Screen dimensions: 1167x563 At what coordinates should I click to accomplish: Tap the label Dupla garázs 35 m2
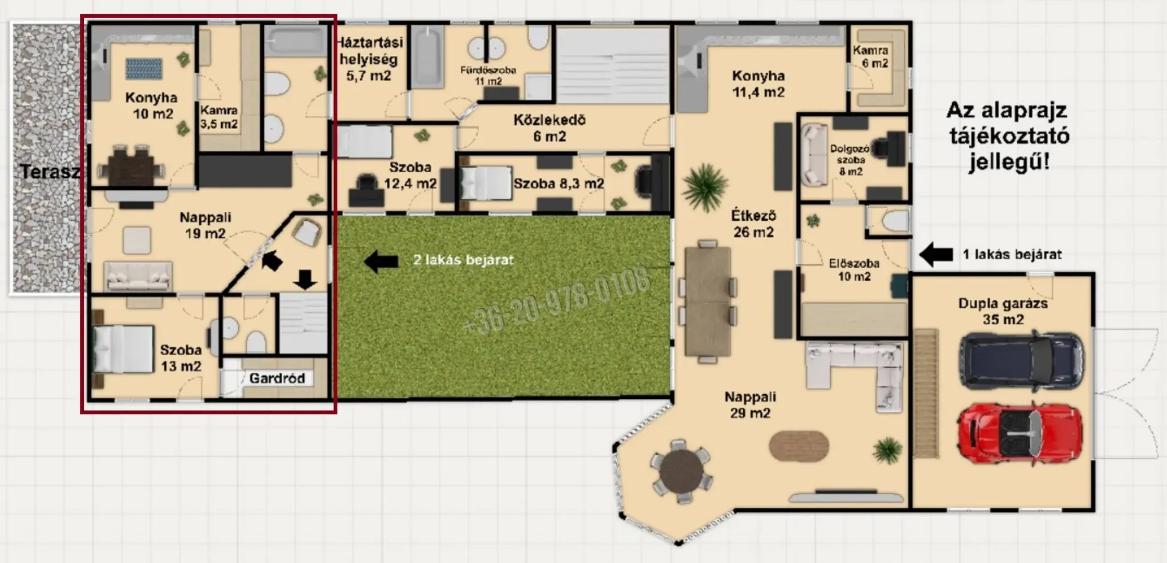1002,311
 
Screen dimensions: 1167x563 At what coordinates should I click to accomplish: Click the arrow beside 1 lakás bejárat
936,254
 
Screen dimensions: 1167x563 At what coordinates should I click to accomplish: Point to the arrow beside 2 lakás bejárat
381,261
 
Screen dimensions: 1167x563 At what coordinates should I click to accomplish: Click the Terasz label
50,172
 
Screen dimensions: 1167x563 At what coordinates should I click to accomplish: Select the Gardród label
277,378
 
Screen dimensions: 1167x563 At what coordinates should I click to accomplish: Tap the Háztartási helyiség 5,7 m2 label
369,59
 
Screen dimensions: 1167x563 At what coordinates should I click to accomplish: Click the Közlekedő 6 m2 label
549,128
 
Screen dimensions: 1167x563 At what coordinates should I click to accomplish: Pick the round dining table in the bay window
681,471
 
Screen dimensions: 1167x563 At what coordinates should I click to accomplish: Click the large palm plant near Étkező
705,187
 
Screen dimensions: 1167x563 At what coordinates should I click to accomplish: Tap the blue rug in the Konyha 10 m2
144,68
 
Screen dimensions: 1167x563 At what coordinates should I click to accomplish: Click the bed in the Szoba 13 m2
123,349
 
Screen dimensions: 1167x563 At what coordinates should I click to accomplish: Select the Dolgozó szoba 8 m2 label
850,160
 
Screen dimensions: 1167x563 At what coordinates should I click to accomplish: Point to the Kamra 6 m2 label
871,56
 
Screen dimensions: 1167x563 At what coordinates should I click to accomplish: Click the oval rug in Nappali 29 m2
799,446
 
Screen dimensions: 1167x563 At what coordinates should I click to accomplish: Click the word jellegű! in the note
1009,162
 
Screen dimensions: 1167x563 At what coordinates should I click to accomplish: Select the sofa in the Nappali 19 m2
138,276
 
